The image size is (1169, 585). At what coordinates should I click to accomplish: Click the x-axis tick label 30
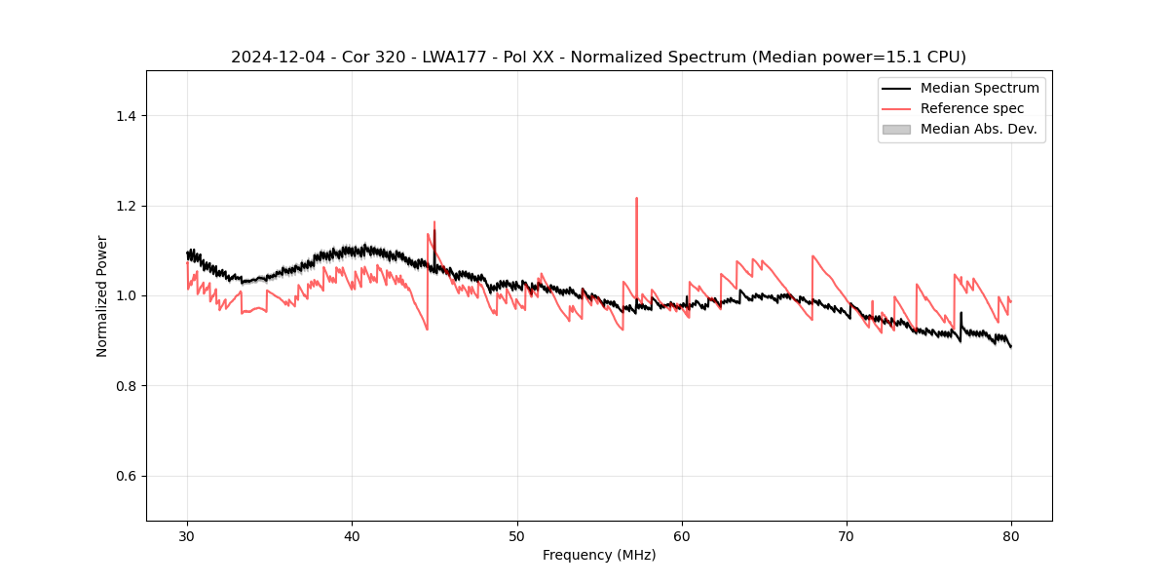[187, 535]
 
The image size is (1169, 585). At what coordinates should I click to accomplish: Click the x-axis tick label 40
[352, 535]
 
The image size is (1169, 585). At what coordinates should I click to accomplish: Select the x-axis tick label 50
[517, 535]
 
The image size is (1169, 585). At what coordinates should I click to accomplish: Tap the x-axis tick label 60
[682, 535]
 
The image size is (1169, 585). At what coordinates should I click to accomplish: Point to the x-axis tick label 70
[847, 535]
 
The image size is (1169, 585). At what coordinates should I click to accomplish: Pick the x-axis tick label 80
[1011, 535]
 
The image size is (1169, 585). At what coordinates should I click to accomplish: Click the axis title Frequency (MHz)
[599, 555]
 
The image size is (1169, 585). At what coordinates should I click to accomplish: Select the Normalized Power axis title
[102, 295]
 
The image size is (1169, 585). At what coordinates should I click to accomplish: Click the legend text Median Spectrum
[979, 88]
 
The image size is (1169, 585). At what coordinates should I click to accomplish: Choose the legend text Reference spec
[972, 108]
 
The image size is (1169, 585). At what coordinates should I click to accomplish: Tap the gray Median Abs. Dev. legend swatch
[896, 129]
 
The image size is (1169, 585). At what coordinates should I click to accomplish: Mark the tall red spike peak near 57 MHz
[636, 198]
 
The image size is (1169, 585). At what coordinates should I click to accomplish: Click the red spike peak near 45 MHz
[434, 222]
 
